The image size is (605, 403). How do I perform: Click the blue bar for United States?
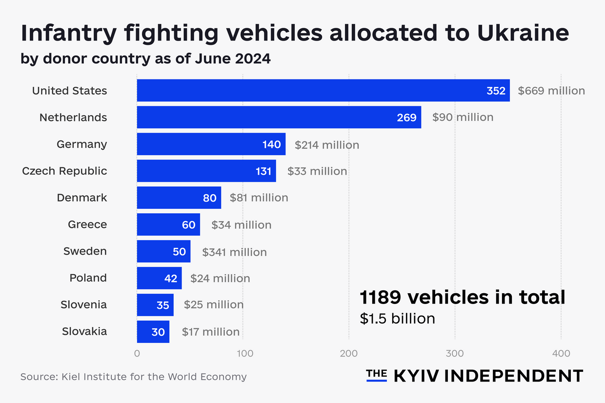point(323,91)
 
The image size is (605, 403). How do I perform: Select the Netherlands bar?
point(279,118)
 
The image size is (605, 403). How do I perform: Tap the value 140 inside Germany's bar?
point(272,144)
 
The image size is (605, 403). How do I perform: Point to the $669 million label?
point(551,91)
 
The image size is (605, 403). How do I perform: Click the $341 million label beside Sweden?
point(234,252)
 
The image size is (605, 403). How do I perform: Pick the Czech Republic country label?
point(64,171)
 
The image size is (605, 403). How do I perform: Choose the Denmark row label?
point(82,198)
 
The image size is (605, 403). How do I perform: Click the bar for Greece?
point(168,225)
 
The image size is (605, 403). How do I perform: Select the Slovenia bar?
point(155,305)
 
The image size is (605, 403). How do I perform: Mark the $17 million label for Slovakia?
point(211,332)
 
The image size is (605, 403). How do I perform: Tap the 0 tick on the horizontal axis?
point(137,353)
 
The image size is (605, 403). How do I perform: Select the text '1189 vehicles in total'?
point(463,297)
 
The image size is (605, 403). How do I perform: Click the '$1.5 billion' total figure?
point(397,319)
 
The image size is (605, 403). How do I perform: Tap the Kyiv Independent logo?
point(474,376)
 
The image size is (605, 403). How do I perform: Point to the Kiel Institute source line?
point(133,377)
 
